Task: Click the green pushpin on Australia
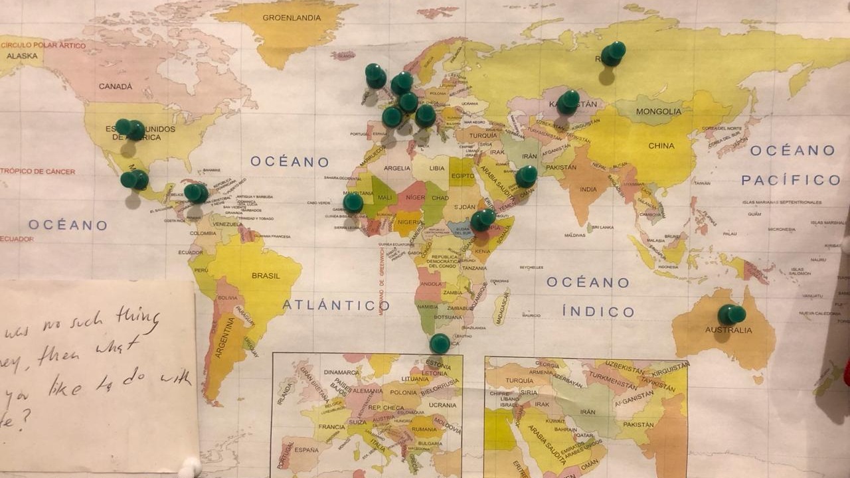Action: pyautogui.click(x=731, y=314)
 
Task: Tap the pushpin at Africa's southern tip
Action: pyautogui.click(x=440, y=343)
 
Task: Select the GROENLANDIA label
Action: pyautogui.click(x=292, y=18)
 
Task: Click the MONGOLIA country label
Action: pyautogui.click(x=658, y=112)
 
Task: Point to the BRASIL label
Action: pyautogui.click(x=266, y=276)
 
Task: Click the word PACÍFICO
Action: pyautogui.click(x=790, y=180)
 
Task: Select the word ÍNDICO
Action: pyautogui.click(x=598, y=311)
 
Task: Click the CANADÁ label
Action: pyautogui.click(x=116, y=86)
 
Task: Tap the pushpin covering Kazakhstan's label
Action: pyautogui.click(x=568, y=102)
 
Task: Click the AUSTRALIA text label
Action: pyautogui.click(x=729, y=330)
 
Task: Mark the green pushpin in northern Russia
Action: pyautogui.click(x=613, y=54)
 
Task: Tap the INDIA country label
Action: pyautogui.click(x=588, y=189)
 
